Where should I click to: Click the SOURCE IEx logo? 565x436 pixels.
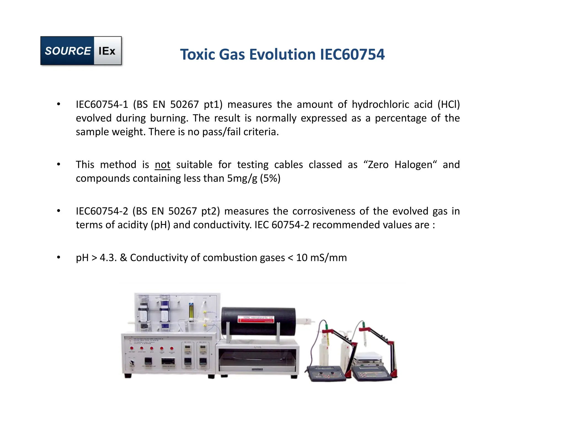(81, 51)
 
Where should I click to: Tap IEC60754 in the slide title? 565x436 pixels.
(352, 54)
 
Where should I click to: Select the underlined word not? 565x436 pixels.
(162, 165)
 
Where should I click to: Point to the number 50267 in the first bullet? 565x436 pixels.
(184, 104)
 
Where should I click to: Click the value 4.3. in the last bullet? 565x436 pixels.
(108, 258)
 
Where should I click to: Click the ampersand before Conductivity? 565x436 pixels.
(123, 258)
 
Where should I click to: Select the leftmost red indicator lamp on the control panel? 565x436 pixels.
(132, 348)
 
